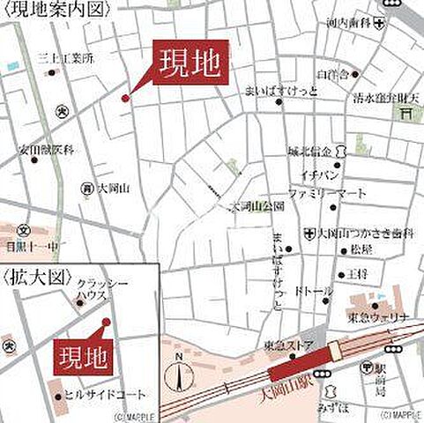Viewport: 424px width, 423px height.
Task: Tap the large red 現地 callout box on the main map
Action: tap(191, 63)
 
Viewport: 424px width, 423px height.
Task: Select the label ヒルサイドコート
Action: tap(107, 395)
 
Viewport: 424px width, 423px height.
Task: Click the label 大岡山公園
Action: tap(257, 206)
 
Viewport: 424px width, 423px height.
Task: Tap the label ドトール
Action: tap(313, 290)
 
